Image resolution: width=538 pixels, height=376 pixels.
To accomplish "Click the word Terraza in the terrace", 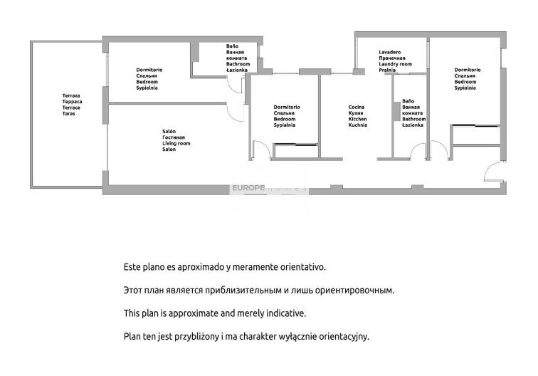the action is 71,96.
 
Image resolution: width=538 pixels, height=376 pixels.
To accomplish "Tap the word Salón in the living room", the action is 169,132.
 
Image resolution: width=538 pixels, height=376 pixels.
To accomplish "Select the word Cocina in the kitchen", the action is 356,108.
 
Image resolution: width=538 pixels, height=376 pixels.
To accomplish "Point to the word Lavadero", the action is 390,52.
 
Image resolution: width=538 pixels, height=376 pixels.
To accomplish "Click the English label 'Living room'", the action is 176,144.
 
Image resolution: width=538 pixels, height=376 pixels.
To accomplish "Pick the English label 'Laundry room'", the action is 395,64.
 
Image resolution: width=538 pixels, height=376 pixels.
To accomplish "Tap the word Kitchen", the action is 357,119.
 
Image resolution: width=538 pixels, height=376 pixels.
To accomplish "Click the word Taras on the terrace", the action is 68,114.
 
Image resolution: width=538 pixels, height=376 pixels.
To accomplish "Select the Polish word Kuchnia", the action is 357,125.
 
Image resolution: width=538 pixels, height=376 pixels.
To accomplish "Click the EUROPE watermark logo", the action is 248,188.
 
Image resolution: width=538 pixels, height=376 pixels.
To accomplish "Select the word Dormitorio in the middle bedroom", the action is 287,108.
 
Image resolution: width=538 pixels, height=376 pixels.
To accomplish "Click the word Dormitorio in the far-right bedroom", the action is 468,70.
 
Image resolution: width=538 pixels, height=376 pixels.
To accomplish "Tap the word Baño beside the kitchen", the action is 408,101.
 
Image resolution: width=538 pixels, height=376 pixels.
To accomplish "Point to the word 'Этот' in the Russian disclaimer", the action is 132,291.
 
